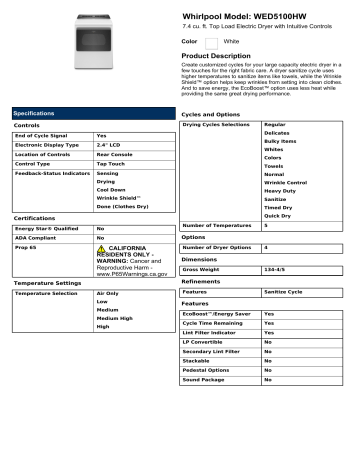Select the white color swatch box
(212, 42)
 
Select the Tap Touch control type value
(111, 165)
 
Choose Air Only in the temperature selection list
(107, 293)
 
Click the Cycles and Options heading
(216, 115)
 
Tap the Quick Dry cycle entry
(278, 215)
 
